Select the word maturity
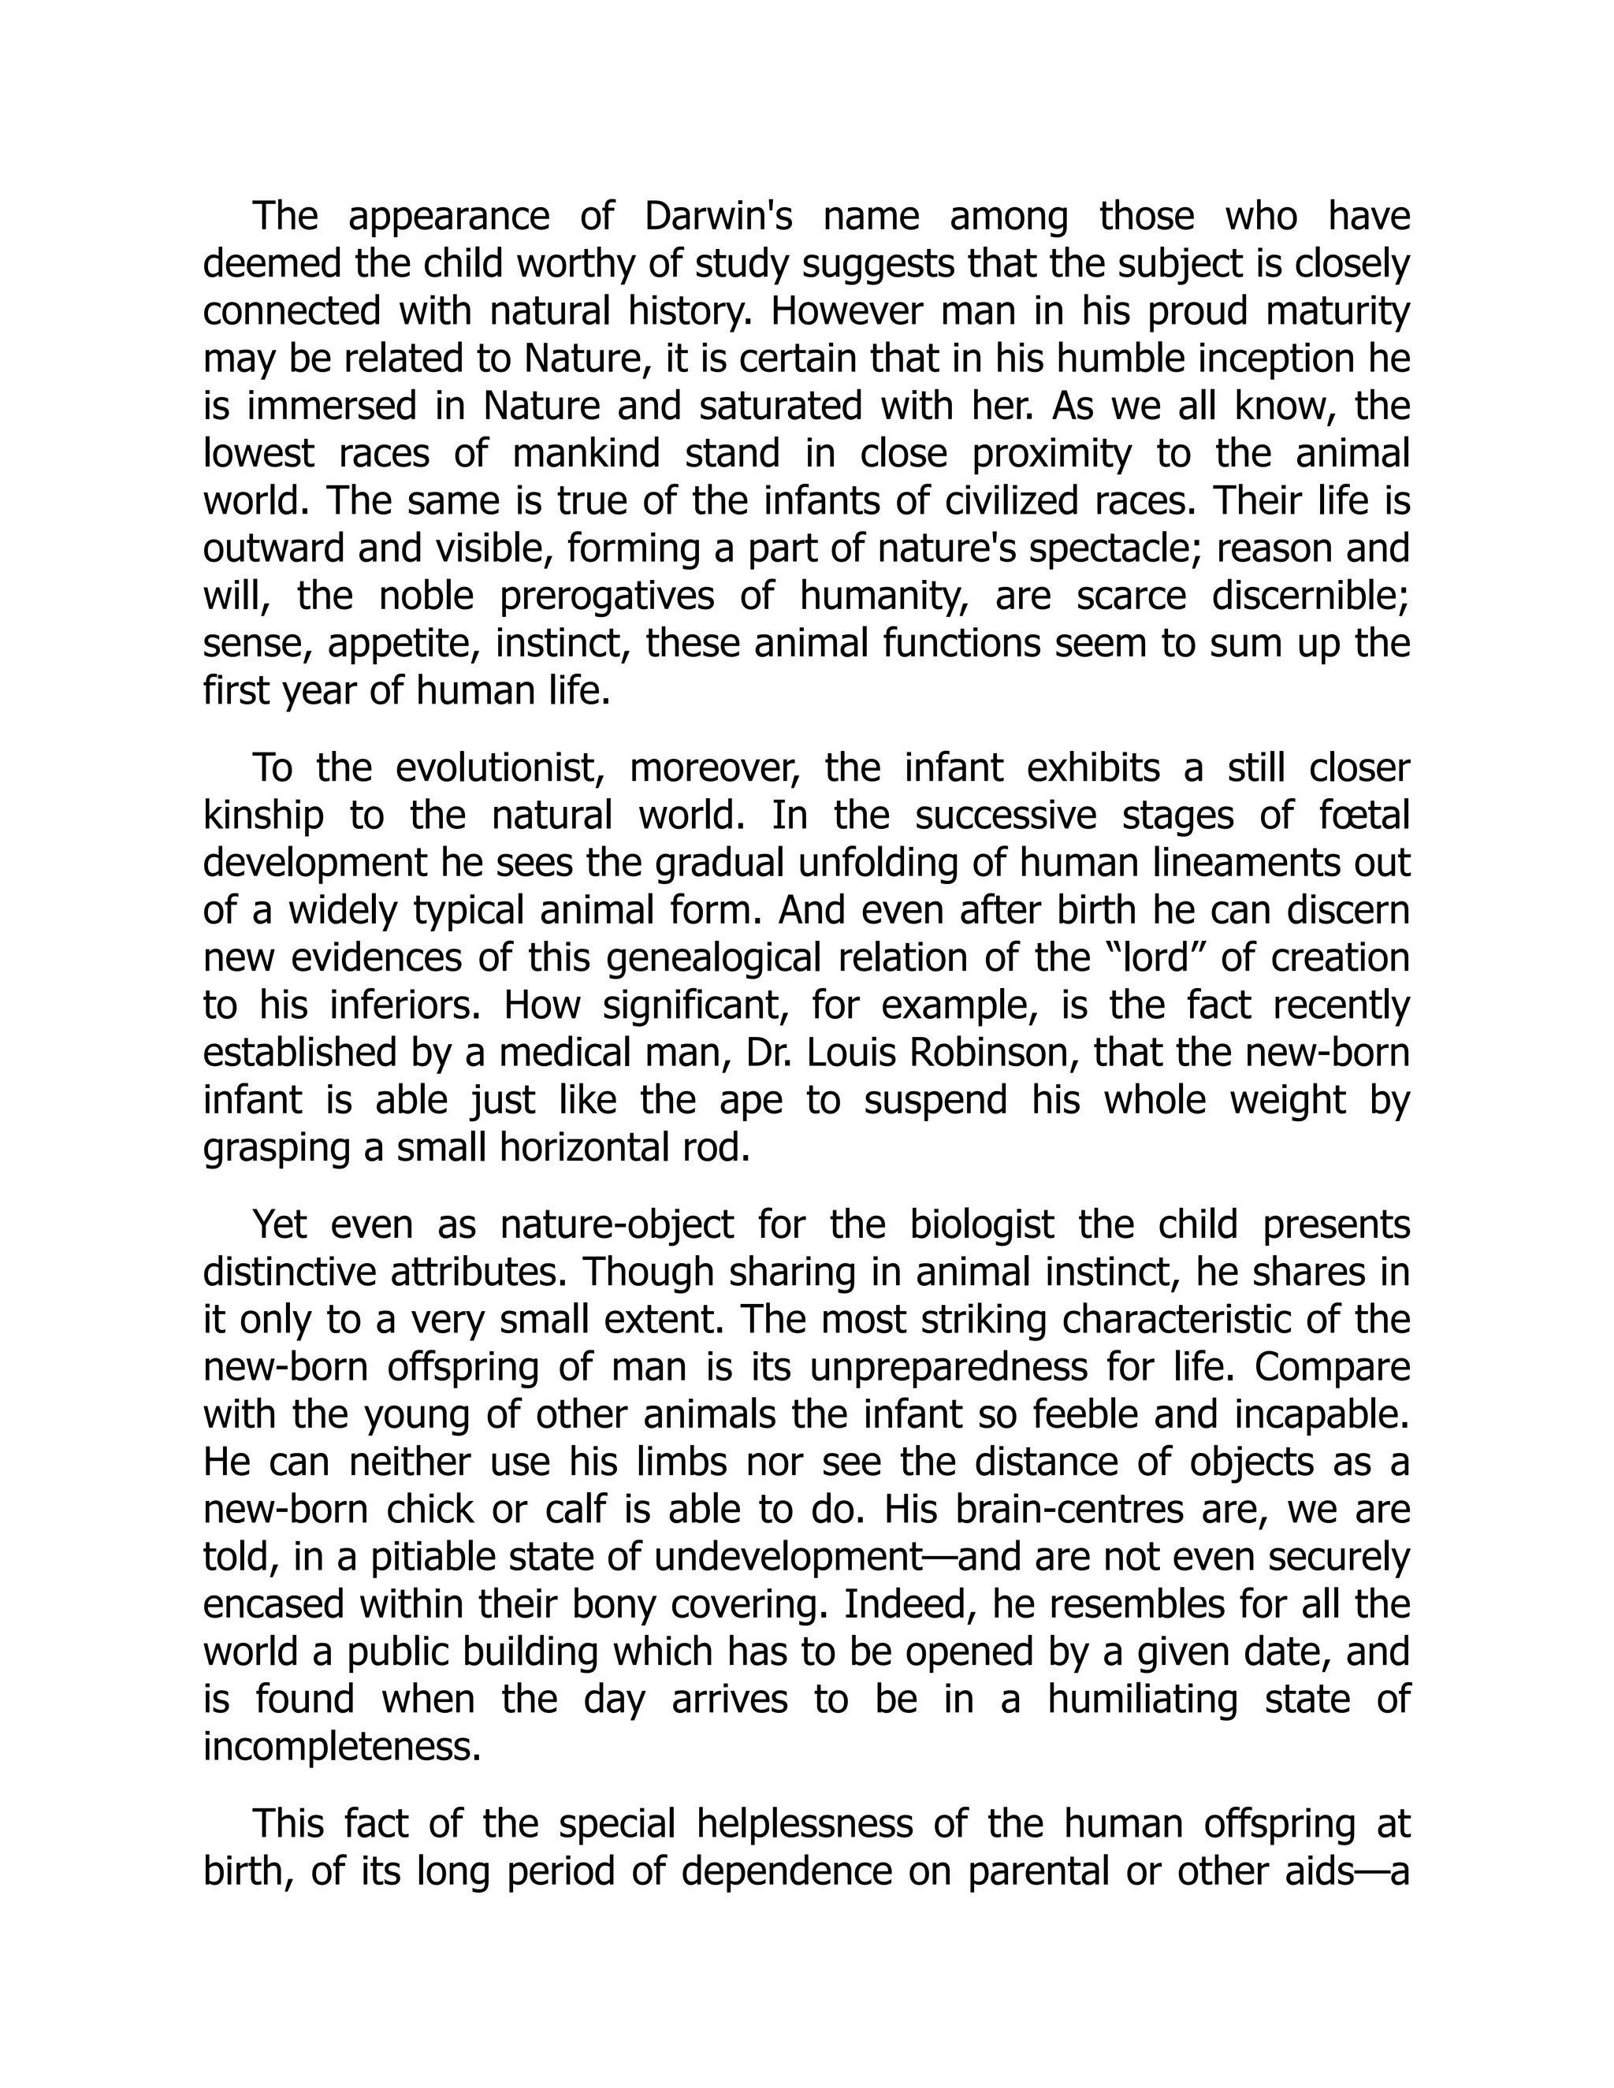1339,313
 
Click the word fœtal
1362,816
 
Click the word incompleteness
341,1748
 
